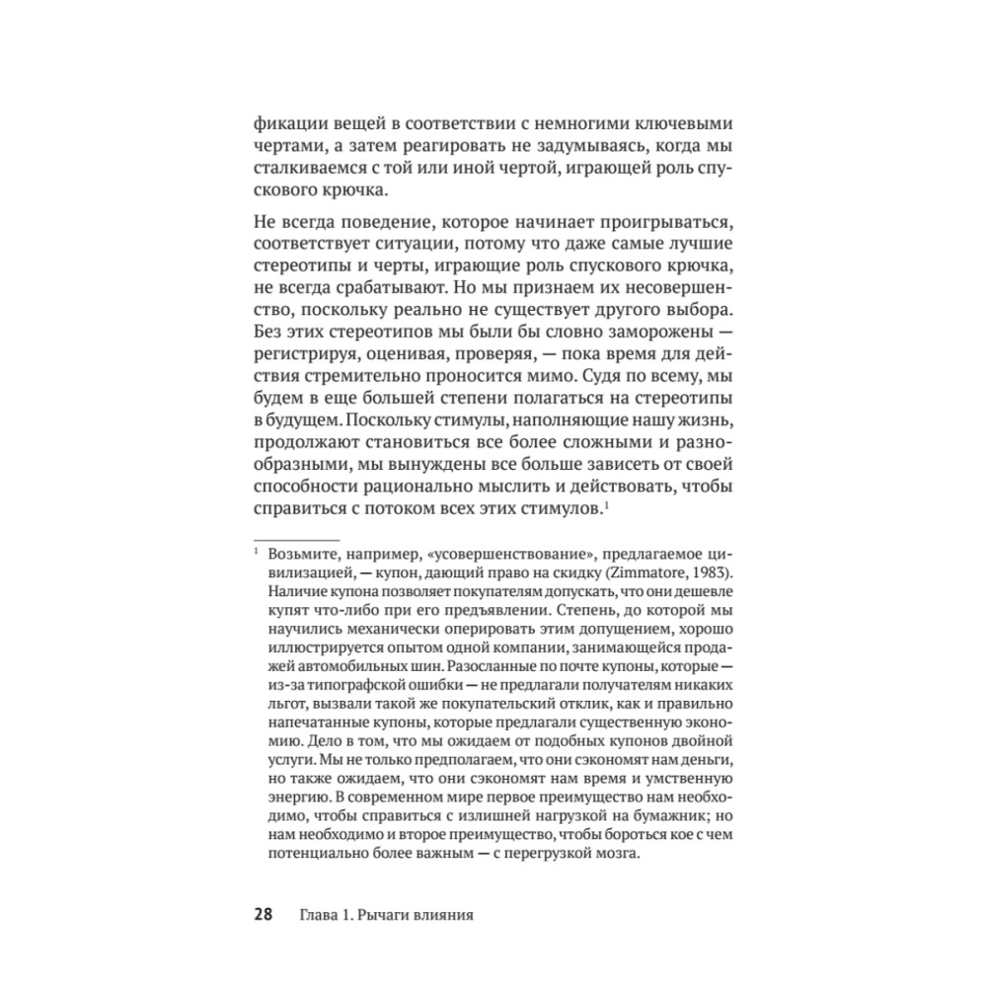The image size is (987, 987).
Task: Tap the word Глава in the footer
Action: tap(320, 914)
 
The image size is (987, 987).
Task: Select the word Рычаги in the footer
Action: tap(402, 914)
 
